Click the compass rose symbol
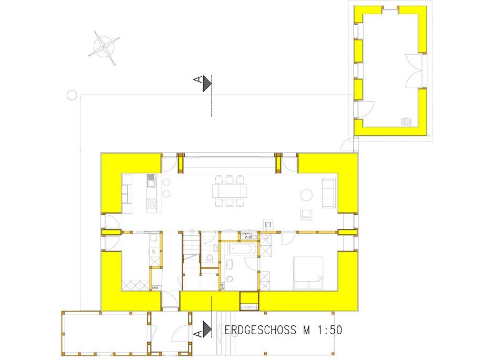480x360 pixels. (x=104, y=47)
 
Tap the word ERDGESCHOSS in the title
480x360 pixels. (x=260, y=330)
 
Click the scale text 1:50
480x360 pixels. (x=329, y=330)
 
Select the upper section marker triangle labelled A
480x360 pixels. (x=207, y=83)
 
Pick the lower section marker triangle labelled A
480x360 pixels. (x=207, y=329)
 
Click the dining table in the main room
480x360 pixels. (x=229, y=191)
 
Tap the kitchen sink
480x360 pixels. (x=151, y=181)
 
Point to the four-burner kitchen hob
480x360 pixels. (x=152, y=203)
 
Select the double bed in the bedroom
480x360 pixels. (x=308, y=273)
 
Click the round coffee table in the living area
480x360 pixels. (x=306, y=195)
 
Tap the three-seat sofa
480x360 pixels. (x=328, y=193)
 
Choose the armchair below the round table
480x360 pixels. (x=306, y=215)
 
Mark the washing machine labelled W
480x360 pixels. (x=154, y=252)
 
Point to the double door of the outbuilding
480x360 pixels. (x=413, y=71)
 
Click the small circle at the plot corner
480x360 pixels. (x=72, y=95)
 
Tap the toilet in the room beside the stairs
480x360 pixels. (x=209, y=258)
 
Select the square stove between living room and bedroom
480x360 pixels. (x=268, y=224)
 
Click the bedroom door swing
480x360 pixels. (x=288, y=239)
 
